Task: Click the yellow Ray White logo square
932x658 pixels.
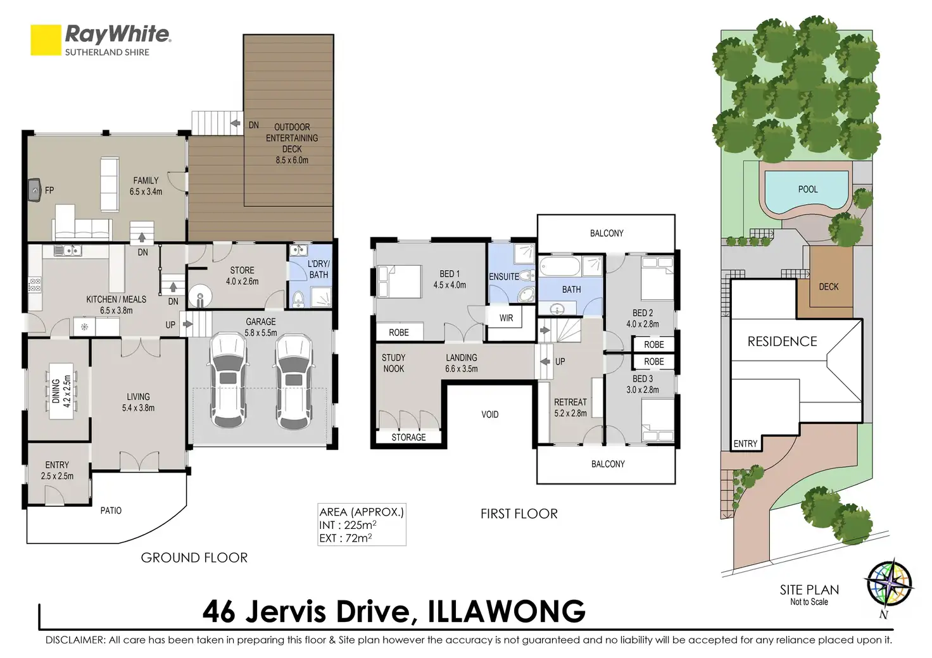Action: [46, 40]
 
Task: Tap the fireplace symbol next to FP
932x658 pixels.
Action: [34, 190]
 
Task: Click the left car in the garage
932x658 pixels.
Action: [228, 380]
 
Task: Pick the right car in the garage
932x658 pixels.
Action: [293, 382]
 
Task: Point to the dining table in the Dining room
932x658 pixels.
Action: [61, 391]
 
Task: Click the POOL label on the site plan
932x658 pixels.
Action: [808, 190]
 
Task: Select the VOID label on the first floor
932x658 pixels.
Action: [489, 414]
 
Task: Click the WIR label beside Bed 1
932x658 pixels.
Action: [506, 318]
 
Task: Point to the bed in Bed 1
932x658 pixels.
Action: [399, 282]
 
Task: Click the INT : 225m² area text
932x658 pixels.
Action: [348, 525]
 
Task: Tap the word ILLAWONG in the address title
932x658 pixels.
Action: [507, 611]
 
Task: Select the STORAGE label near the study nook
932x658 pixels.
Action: [408, 437]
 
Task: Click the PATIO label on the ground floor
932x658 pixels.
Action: [111, 511]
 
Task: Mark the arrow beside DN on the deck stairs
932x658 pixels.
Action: [235, 123]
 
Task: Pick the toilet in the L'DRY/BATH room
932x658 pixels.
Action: [298, 299]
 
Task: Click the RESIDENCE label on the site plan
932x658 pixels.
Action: [782, 341]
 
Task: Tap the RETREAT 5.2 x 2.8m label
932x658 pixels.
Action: [570, 407]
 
